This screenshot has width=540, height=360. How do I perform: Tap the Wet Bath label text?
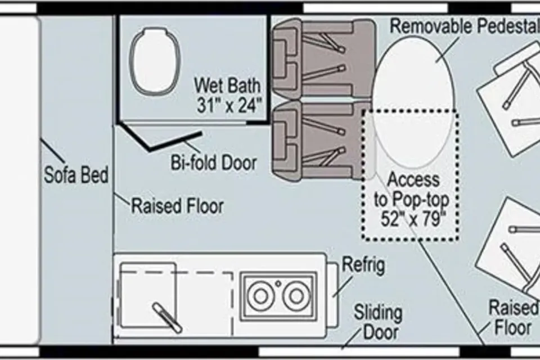click(227, 85)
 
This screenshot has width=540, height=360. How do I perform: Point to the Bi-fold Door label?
click(214, 163)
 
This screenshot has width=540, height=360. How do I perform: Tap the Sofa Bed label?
click(76, 174)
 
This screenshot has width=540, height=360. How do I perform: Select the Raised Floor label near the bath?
click(178, 206)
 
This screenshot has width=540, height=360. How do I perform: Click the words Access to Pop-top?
click(412, 190)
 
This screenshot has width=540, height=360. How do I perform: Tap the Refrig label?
click(363, 265)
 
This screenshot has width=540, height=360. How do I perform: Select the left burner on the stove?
click(260, 295)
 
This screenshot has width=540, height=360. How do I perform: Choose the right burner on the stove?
click(296, 295)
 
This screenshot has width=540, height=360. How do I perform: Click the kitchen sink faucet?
click(168, 318)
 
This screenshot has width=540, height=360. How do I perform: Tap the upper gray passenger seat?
click(324, 58)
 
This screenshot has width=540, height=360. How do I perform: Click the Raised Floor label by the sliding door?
click(514, 317)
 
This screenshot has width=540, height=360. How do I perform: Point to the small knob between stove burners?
click(278, 283)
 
